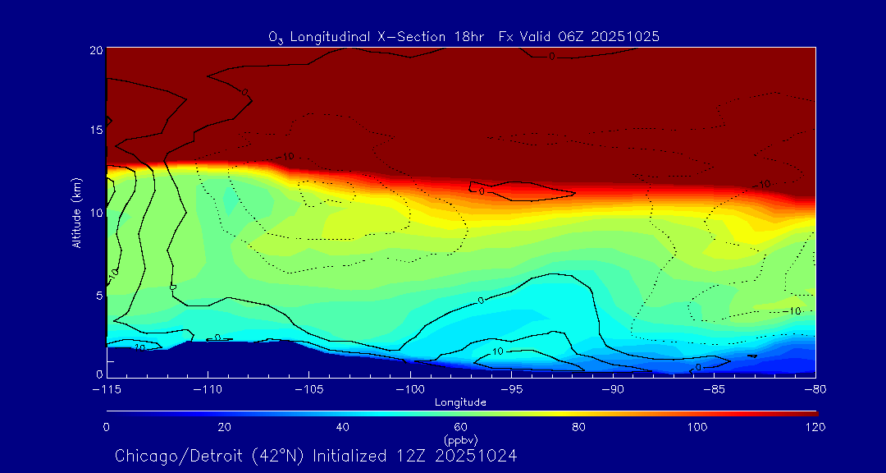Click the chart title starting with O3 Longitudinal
click(x=464, y=36)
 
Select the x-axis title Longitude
click(x=460, y=402)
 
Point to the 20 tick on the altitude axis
click(x=96, y=50)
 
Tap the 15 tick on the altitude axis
click(x=96, y=131)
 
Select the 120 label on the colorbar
click(x=815, y=427)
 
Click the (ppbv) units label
click(x=460, y=439)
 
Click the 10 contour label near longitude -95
click(x=498, y=351)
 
